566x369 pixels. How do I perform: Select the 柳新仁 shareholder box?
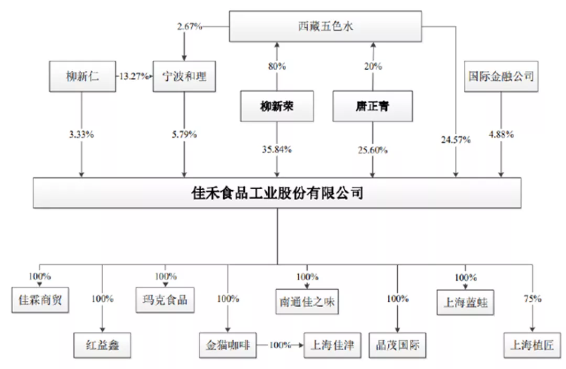81,77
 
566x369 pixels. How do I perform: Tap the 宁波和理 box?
184,77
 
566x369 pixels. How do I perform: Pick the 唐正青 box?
373,107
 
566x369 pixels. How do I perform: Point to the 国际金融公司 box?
501,77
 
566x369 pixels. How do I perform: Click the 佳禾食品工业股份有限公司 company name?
277,193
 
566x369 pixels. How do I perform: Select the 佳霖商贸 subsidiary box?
40,300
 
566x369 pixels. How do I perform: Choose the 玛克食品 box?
165,300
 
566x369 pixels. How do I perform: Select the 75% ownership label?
532,299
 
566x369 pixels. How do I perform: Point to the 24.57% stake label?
455,139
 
